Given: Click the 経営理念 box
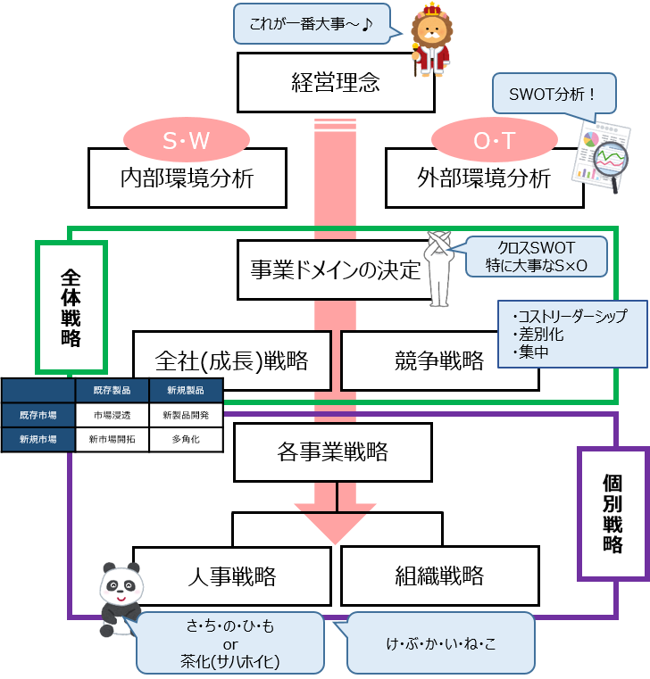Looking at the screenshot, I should [x=336, y=83].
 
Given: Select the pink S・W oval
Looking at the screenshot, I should [x=186, y=140].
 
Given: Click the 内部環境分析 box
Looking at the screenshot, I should [x=187, y=178].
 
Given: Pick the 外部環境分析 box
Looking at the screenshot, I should [x=484, y=178].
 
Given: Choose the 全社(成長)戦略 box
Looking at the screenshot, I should [x=232, y=360].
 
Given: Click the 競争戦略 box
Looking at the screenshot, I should [x=439, y=360].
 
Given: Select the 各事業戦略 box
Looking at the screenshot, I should [x=333, y=451].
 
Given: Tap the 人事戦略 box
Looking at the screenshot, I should [x=232, y=575].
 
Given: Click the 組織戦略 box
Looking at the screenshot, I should [x=439, y=575].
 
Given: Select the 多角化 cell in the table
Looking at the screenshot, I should [x=186, y=439].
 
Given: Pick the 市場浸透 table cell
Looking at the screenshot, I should [x=112, y=415].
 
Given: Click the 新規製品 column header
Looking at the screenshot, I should [x=186, y=391].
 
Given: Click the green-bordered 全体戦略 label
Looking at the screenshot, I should [x=71, y=306].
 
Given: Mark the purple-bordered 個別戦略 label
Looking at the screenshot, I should [x=612, y=512].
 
